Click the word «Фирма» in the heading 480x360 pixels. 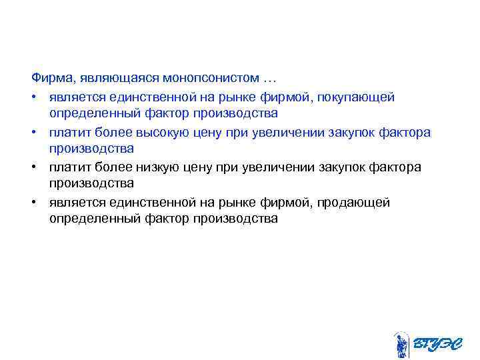pyautogui.click(x=48, y=80)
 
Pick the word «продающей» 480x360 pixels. pyautogui.click(x=357, y=202)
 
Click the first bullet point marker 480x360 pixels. pyautogui.click(x=34, y=97)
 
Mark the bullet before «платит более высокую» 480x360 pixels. pyautogui.click(x=34, y=132)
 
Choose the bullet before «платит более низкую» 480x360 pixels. pyautogui.click(x=34, y=167)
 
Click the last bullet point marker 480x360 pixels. pyautogui.click(x=34, y=202)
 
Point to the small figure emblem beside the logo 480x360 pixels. pyautogui.click(x=400, y=344)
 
